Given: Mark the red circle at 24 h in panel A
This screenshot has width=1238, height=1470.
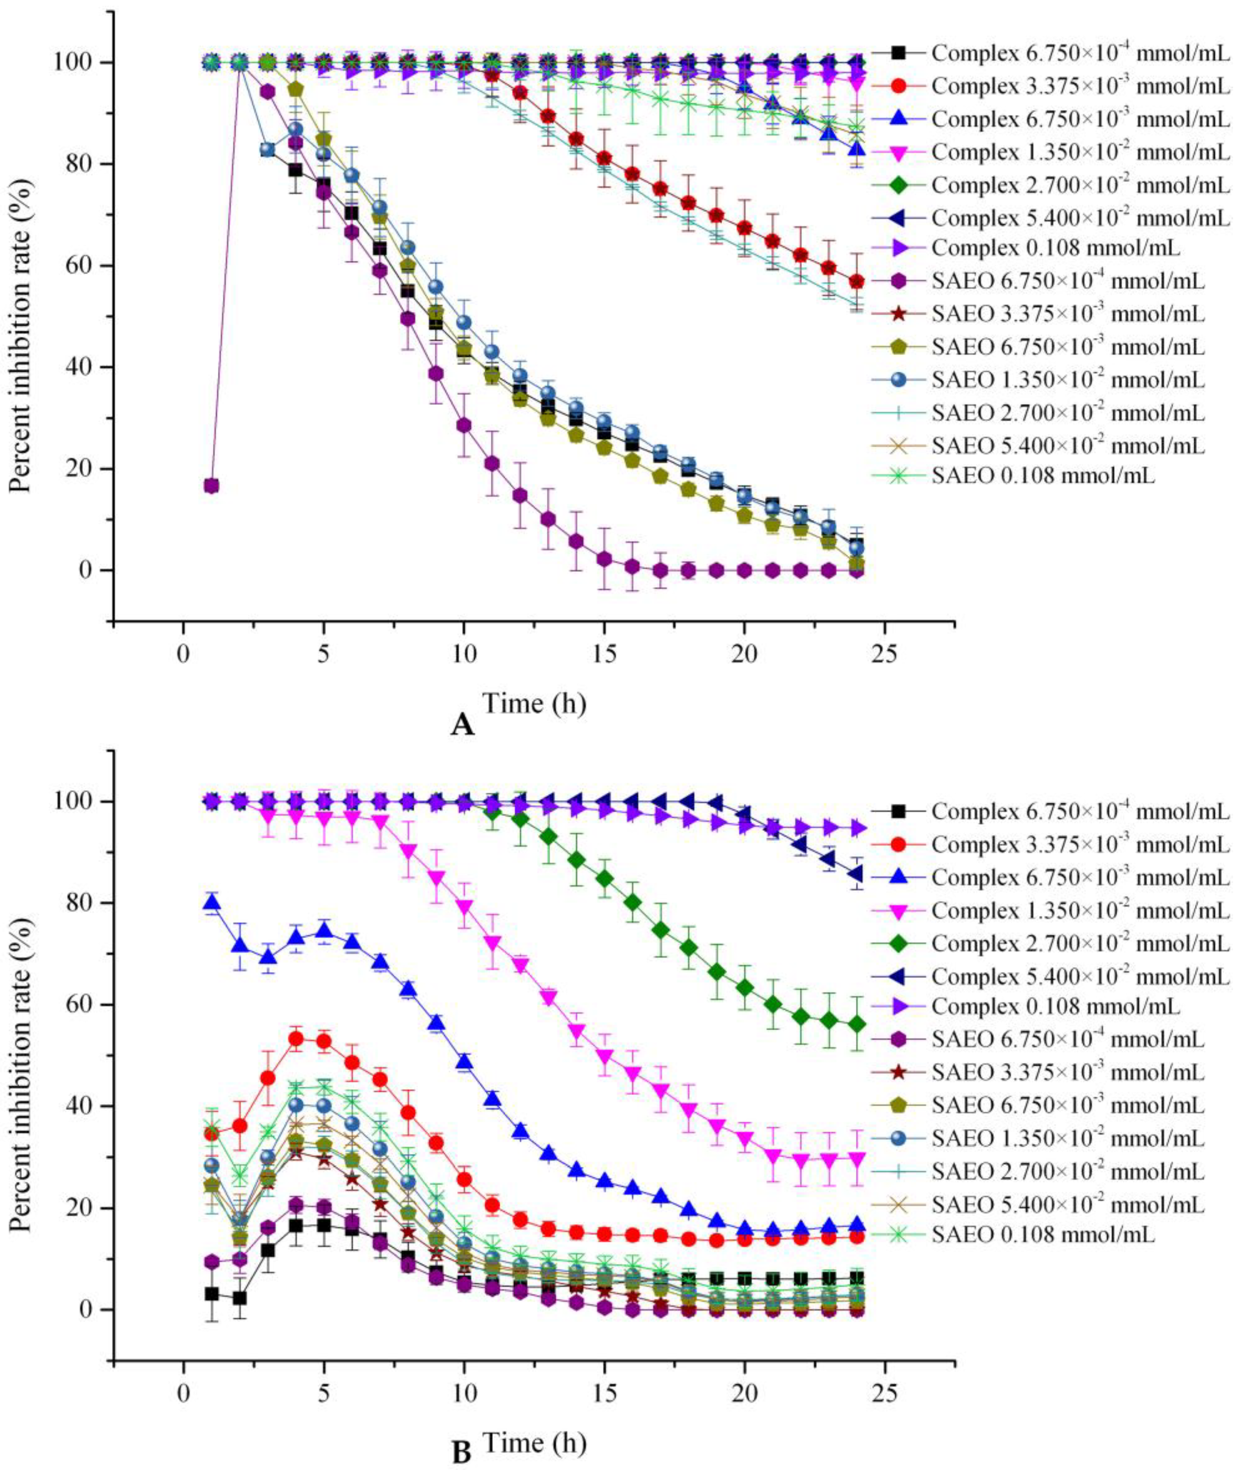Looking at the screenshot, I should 857,281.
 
